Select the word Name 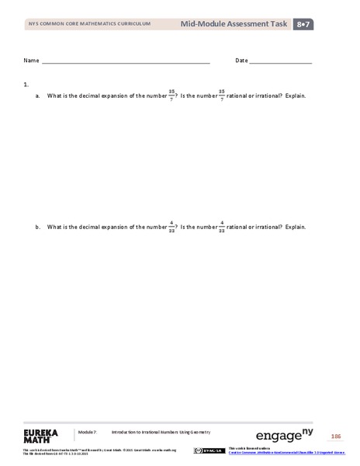tap(31, 60)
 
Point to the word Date tap(241, 60)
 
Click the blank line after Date tap(281, 61)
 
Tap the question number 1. tap(26, 83)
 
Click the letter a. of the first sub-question tap(37, 96)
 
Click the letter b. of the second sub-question tap(37, 227)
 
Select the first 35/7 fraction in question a tap(171, 96)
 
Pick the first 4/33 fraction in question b tap(171, 227)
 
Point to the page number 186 tap(336, 435)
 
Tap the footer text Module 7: tap(86, 431)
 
